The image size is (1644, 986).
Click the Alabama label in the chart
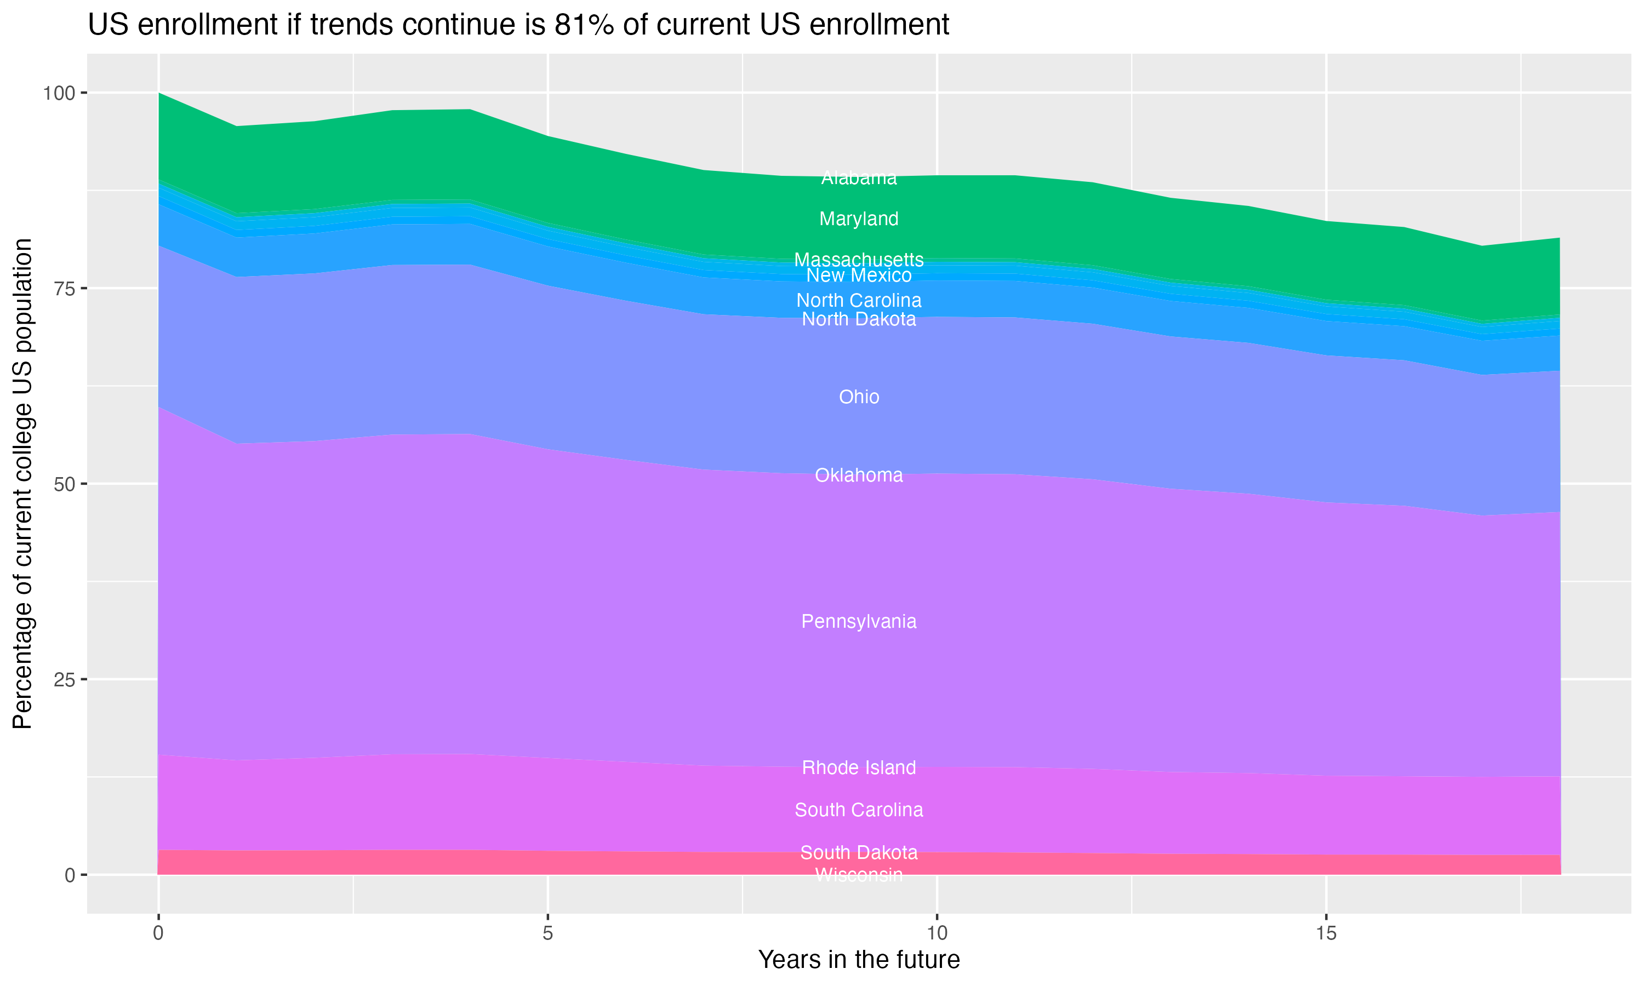[859, 178]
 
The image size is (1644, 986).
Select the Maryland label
[859, 219]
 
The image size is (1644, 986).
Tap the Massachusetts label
[859, 259]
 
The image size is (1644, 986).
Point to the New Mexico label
[859, 275]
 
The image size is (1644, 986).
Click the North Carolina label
[859, 300]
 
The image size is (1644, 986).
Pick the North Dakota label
[859, 319]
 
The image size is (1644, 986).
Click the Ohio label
[859, 397]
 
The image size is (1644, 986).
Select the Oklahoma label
[859, 475]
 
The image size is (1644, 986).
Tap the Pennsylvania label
[859, 621]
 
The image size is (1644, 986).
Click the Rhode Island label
[859, 767]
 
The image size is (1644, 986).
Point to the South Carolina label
[859, 810]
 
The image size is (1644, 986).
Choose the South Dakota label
[859, 852]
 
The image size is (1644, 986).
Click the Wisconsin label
[859, 875]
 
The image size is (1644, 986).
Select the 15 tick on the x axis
[1326, 933]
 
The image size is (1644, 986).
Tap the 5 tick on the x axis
[547, 933]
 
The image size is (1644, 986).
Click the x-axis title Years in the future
[859, 959]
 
